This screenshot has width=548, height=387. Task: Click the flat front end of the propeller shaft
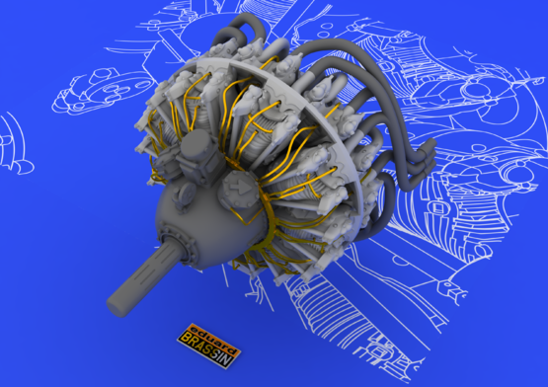(117, 307)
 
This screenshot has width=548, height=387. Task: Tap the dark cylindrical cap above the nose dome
(196, 144)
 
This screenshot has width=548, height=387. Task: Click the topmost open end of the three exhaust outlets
(431, 144)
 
